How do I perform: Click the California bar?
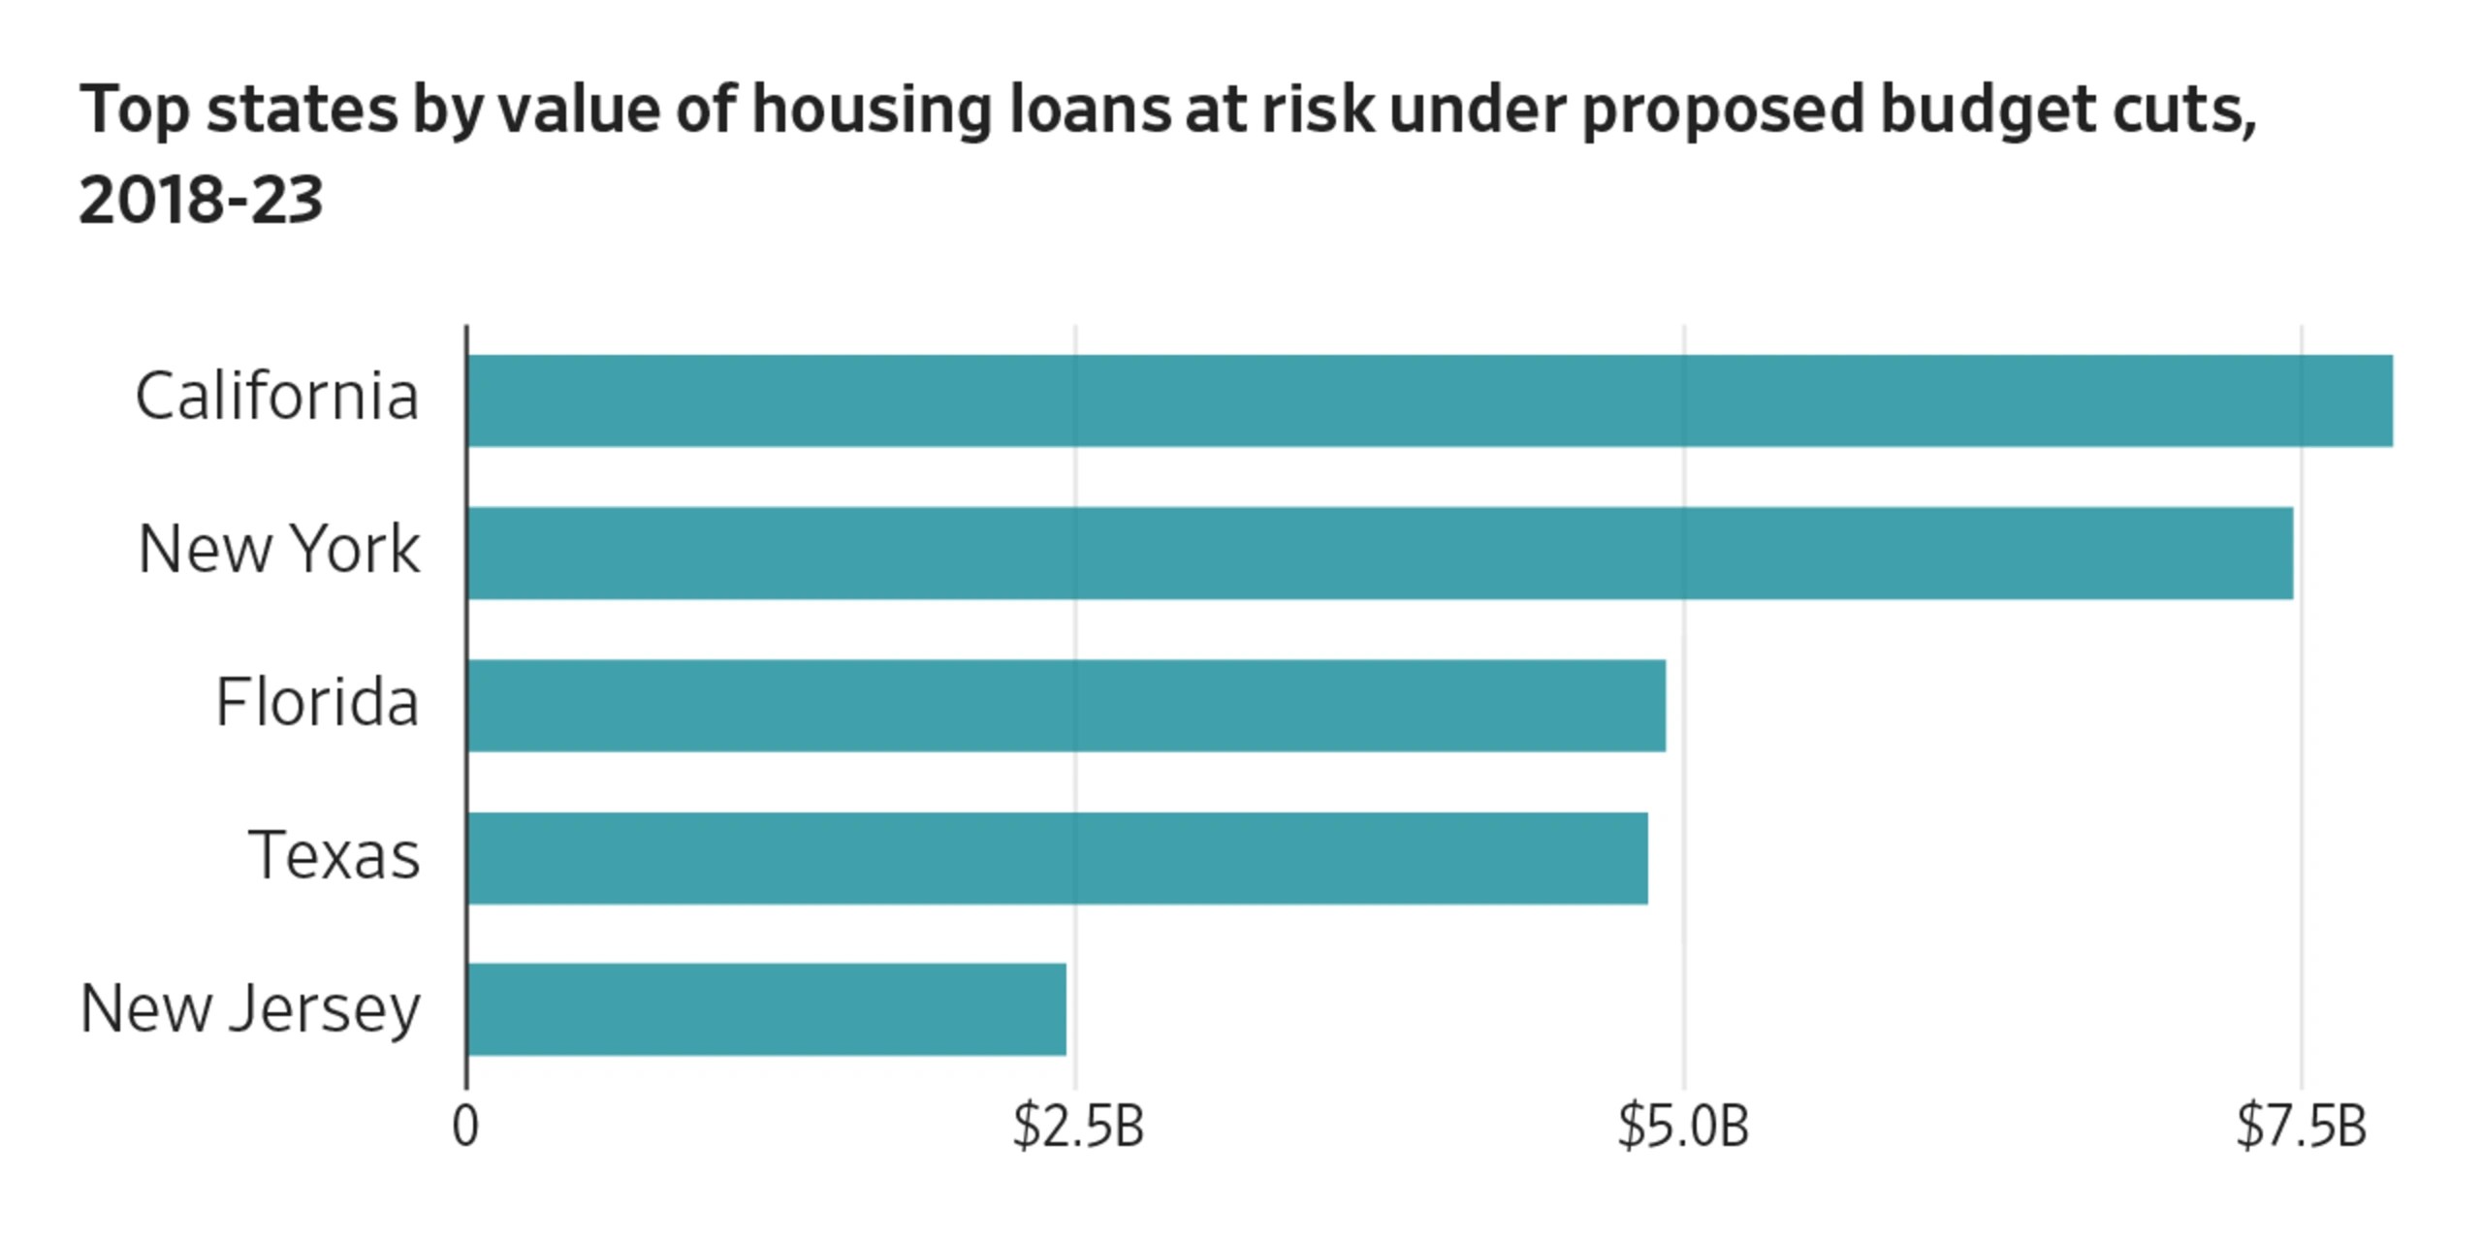coord(1430,400)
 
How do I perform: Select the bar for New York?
coord(1381,553)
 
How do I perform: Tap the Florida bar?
coord(1066,706)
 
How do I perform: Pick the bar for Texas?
coord(1058,858)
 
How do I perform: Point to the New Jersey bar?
coord(767,1009)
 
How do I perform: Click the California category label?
coord(277,397)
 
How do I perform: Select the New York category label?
coord(279,550)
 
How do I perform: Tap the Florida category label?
coord(317,702)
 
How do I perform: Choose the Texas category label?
coord(334,855)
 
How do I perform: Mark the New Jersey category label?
coord(250,1008)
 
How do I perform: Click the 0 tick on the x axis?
coord(466,1127)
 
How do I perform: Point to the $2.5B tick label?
coord(1078,1127)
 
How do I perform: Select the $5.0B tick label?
coord(1684,1127)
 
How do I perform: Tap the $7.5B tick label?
coord(2302,1127)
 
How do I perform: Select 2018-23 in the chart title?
coord(201,201)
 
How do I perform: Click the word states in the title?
coord(302,110)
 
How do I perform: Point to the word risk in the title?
coord(1318,108)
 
